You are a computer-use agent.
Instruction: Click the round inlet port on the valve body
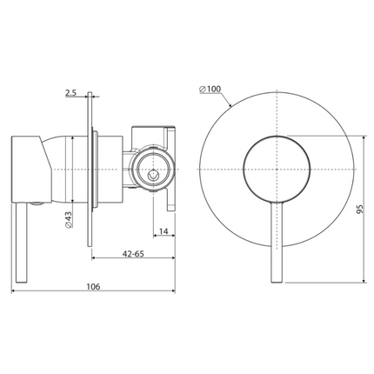coord(154,171)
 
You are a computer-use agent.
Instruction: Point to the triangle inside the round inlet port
coord(154,173)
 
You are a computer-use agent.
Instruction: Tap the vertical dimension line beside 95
coord(360,209)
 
